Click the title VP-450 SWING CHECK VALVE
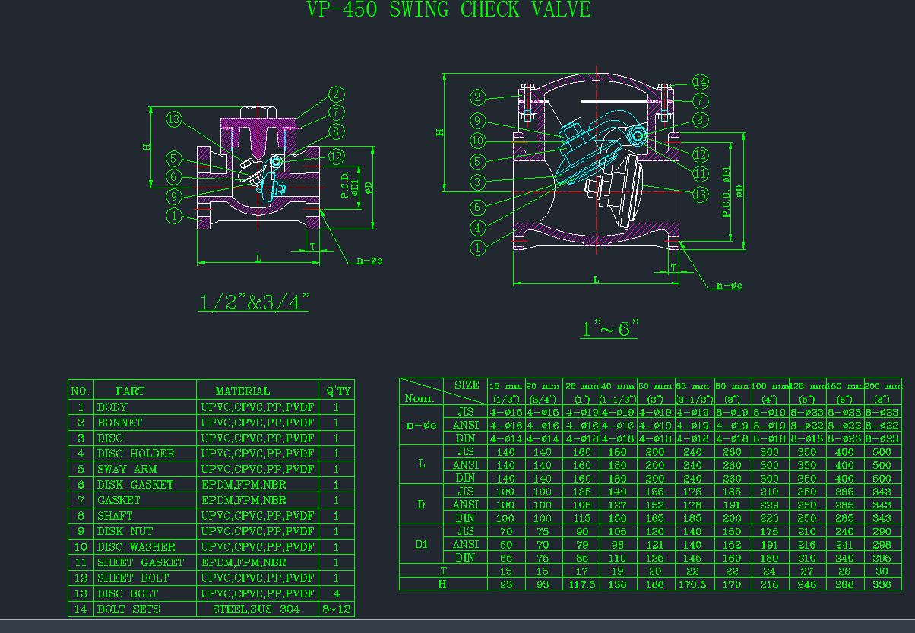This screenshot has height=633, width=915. pos(448,10)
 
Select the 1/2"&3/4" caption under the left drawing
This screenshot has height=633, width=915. pos(254,302)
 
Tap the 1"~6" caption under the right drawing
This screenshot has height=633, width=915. pos(609,330)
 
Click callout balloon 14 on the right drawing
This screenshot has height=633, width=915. pos(700,82)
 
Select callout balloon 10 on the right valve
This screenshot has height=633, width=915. pos(477,141)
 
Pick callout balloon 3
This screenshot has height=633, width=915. pos(477,182)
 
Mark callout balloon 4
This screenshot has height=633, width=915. pos(477,227)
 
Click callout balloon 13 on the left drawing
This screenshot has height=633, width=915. pos(175,119)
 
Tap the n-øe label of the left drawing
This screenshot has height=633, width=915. pos(369,261)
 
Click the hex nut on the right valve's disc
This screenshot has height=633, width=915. pos(597,187)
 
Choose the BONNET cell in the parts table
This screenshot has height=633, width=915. pos(119,423)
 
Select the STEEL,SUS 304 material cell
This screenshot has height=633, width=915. pos(256,609)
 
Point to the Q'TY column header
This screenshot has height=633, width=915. pos(338,391)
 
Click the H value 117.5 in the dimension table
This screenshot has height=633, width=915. pos(581,584)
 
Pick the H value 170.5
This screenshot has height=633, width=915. pos(695,584)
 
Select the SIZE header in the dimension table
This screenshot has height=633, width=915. pos(466,385)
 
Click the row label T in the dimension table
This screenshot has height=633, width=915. pos(443,570)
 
